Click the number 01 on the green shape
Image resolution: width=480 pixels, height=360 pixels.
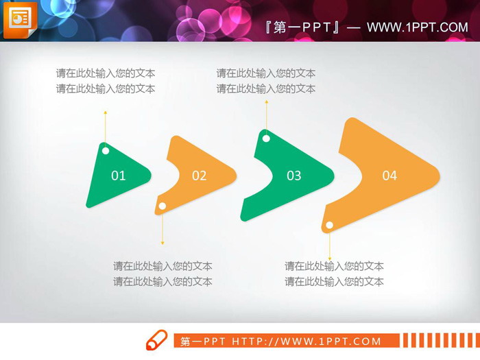click(119, 176)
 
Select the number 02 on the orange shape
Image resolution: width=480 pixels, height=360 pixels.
click(199, 176)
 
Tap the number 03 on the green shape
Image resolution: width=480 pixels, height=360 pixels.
click(293, 176)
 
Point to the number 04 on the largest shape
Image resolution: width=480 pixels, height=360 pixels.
click(389, 176)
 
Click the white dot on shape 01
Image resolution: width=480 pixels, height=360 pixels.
click(106, 151)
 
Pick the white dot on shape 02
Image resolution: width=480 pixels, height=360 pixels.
click(163, 206)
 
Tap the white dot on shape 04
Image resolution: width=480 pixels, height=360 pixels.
click(329, 225)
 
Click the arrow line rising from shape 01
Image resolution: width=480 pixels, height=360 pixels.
click(106, 127)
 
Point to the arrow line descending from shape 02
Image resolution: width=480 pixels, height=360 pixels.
click(163, 228)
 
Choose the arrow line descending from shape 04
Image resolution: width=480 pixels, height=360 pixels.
click(329, 245)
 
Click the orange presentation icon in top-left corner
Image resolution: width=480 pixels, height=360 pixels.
click(19, 19)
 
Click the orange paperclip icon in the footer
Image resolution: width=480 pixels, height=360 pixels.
click(156, 339)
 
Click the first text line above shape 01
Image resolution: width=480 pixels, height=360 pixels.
click(106, 73)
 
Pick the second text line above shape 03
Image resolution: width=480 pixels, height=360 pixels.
click(266, 88)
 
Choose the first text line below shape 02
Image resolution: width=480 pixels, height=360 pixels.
click(163, 266)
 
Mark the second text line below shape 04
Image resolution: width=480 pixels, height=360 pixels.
click(334, 281)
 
